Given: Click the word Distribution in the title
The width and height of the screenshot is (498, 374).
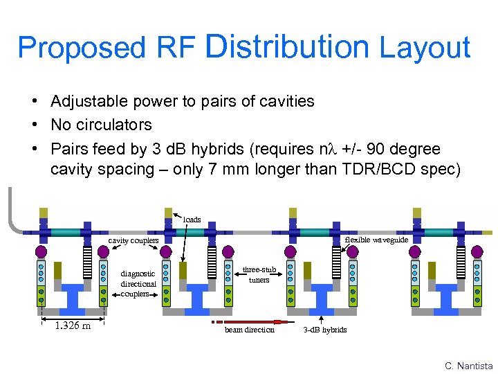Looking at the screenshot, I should (288, 46).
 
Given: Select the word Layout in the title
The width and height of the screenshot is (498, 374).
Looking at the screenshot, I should (425, 48).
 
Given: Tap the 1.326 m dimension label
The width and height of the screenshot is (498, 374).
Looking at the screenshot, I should (73, 326).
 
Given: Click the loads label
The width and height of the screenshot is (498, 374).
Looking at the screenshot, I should (192, 220).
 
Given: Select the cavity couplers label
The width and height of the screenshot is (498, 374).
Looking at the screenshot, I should (133, 240).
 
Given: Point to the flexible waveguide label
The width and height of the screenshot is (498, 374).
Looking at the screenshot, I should (376, 240).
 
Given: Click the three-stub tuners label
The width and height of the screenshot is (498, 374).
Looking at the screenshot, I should (259, 274).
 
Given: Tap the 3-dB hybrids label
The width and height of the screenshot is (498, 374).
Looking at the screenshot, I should (325, 329).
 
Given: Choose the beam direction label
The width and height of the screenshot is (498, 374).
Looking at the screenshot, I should (249, 329).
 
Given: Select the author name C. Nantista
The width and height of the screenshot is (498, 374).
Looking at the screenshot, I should (469, 365).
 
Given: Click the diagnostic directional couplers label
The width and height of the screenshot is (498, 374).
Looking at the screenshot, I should (138, 283).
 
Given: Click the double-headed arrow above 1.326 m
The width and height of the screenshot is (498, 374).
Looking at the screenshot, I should (72, 319).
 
